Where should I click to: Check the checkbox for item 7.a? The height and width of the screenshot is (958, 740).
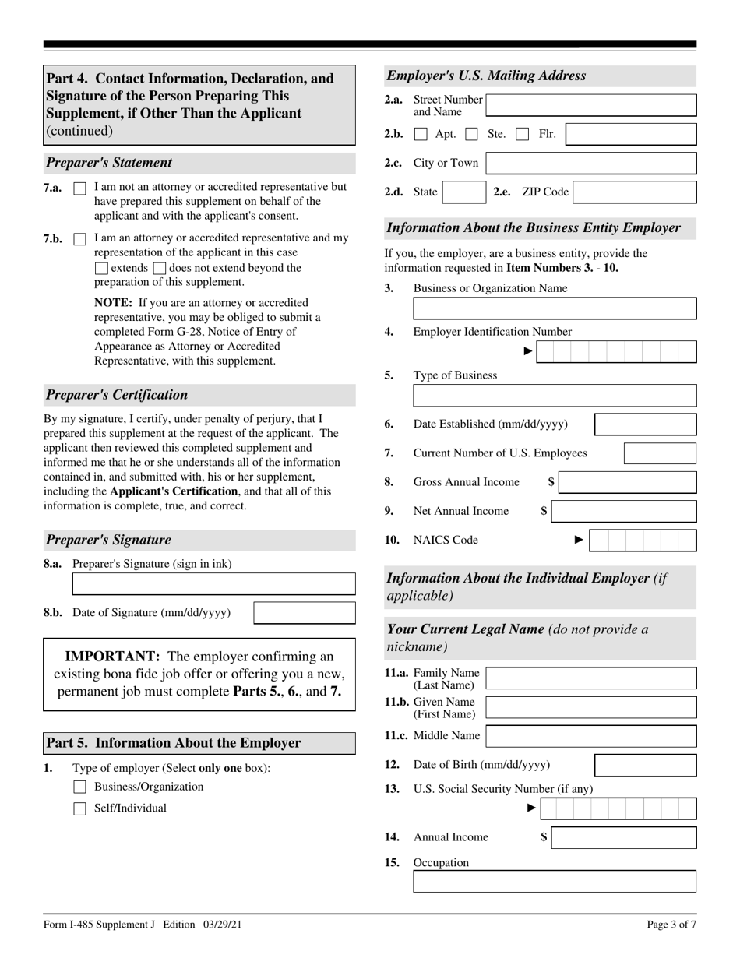point(79,188)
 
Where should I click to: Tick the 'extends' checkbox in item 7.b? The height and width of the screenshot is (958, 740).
point(101,269)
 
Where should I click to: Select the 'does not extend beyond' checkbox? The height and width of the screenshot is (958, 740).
point(160,269)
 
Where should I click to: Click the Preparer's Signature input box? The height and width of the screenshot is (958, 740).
point(213,584)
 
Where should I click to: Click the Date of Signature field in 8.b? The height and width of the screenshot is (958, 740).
point(305,613)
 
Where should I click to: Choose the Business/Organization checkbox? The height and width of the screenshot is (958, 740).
point(79,787)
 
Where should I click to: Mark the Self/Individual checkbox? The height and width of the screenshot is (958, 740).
point(79,808)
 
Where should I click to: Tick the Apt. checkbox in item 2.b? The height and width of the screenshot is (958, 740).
point(421,135)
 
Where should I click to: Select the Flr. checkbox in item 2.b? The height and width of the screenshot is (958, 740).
point(523,135)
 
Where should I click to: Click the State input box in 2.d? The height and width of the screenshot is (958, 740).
point(463,192)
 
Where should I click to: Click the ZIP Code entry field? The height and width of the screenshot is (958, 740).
point(634,192)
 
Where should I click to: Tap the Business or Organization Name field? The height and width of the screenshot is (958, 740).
point(555,308)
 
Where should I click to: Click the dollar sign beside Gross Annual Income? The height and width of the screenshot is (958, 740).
point(551,482)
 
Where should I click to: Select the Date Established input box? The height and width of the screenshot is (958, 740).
point(645,424)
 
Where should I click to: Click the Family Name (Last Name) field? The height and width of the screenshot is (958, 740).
point(590,678)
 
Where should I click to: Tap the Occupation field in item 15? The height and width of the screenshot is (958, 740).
point(555,882)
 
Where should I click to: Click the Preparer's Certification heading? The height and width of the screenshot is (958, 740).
point(117,395)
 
